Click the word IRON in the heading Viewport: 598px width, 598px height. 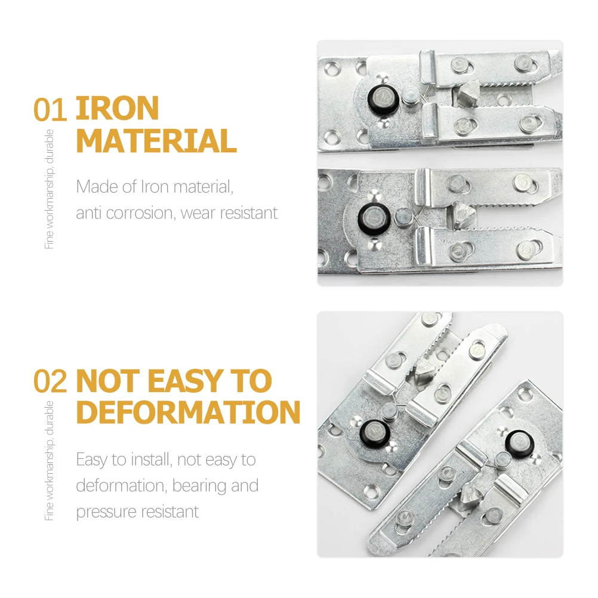[x=117, y=110]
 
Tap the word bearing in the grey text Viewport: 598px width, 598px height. [x=199, y=485]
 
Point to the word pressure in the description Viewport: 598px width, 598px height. [x=104, y=511]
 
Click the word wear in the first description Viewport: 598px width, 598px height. [x=202, y=212]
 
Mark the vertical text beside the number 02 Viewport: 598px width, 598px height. [x=50, y=460]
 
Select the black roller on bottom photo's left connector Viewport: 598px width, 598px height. [x=373, y=429]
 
